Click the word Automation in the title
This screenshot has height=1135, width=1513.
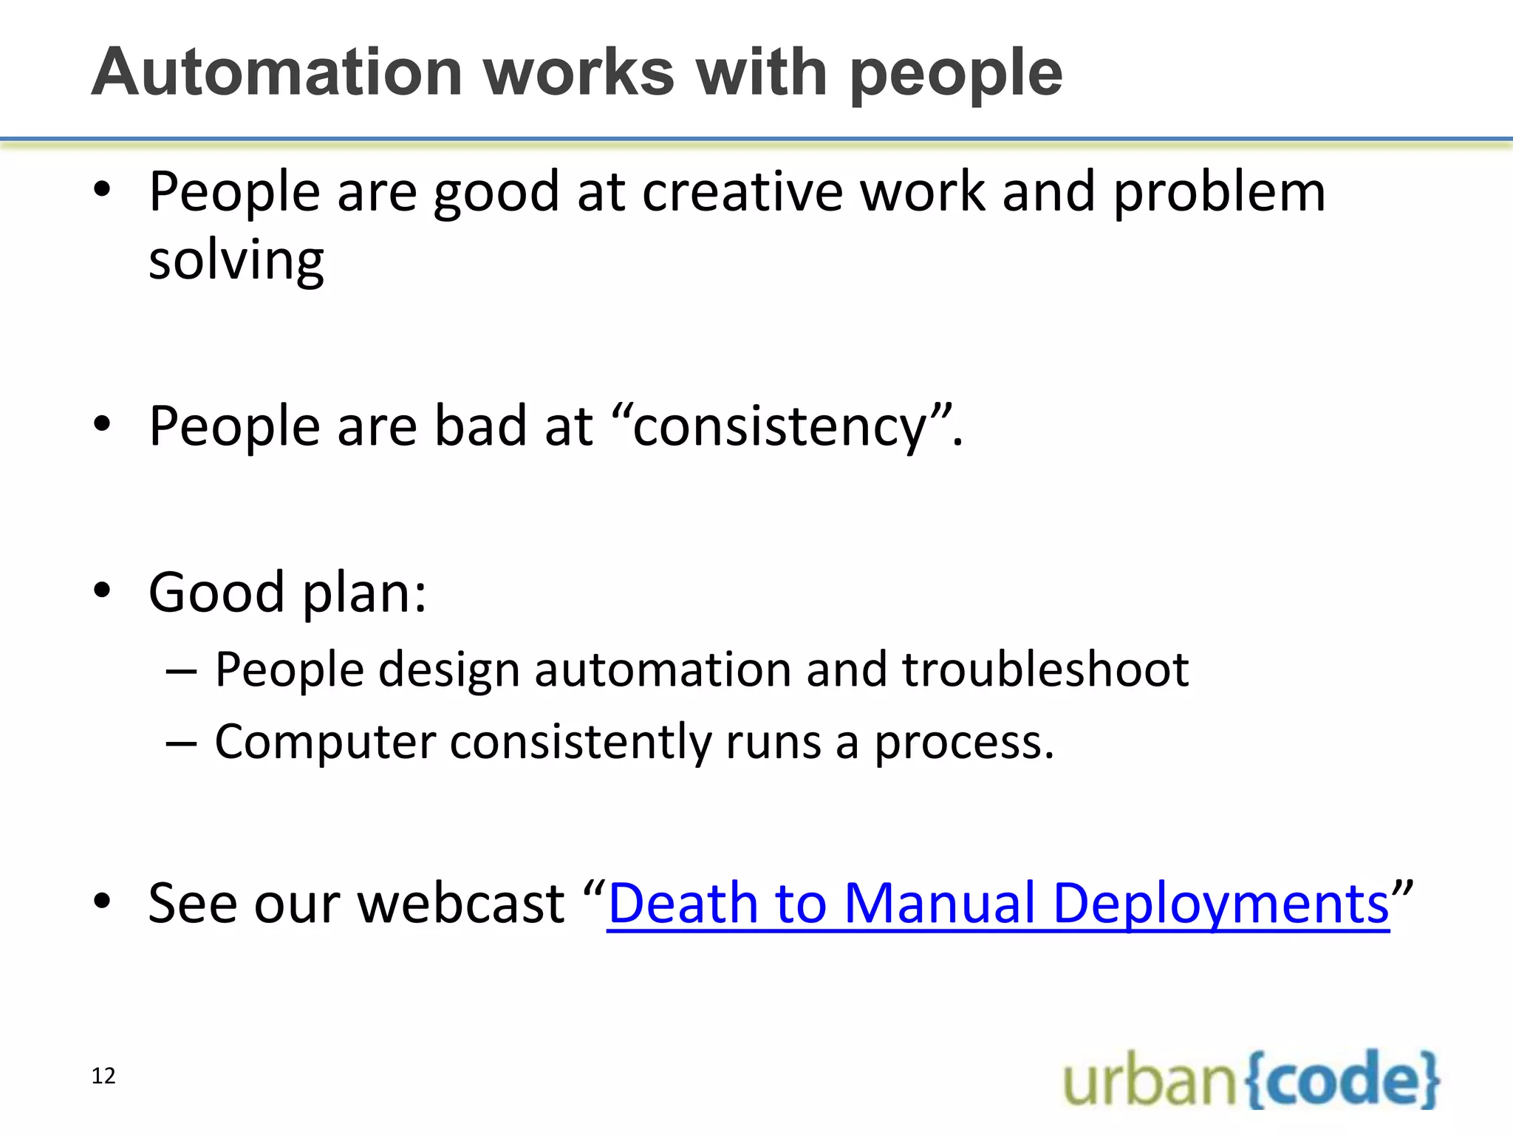point(276,72)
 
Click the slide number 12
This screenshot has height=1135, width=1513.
point(103,1076)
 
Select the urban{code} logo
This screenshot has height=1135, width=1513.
point(1251,1080)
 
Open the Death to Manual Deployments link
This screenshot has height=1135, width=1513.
point(997,903)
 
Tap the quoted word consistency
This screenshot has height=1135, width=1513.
point(779,426)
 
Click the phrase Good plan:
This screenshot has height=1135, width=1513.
point(287,593)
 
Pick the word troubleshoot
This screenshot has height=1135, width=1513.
point(1045,669)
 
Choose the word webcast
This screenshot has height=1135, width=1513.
point(461,903)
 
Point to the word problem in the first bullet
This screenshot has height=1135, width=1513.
point(1219,192)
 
